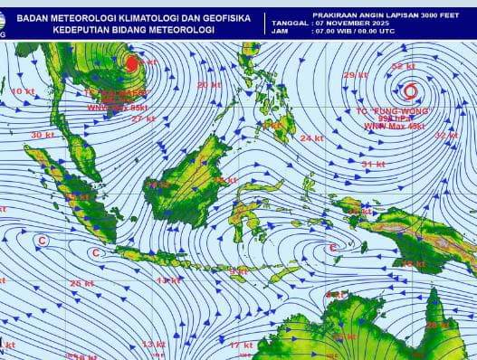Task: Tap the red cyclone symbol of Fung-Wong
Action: [410, 90]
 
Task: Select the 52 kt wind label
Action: [404, 66]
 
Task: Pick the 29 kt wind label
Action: [355, 75]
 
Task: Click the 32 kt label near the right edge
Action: [446, 135]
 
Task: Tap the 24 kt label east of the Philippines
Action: [311, 138]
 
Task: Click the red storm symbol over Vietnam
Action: [130, 63]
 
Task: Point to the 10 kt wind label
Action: [22, 91]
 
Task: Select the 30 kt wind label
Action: [42, 135]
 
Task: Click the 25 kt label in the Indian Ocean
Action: [81, 283]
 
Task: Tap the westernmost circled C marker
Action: [42, 240]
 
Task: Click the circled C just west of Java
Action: [96, 252]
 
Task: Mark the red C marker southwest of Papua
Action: [332, 247]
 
